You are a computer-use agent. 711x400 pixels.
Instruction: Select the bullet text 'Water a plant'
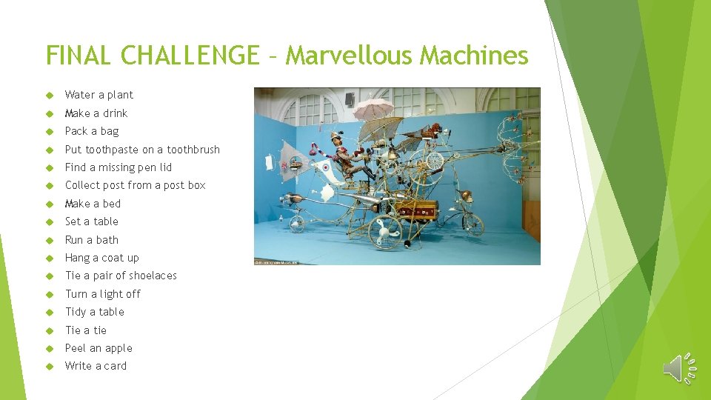[99, 95]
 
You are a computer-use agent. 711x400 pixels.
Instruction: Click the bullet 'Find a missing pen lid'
[118, 167]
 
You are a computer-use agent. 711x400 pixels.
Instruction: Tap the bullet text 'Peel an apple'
[99, 348]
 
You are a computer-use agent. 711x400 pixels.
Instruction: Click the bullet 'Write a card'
[96, 366]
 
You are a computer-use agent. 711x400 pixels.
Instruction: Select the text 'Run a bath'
[92, 240]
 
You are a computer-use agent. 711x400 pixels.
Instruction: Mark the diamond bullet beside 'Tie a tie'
[50, 330]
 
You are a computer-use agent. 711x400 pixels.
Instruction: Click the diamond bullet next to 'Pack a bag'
[50, 132]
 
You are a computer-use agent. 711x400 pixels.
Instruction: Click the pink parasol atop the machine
[373, 109]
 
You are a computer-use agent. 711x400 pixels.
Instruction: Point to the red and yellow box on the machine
[416, 210]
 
